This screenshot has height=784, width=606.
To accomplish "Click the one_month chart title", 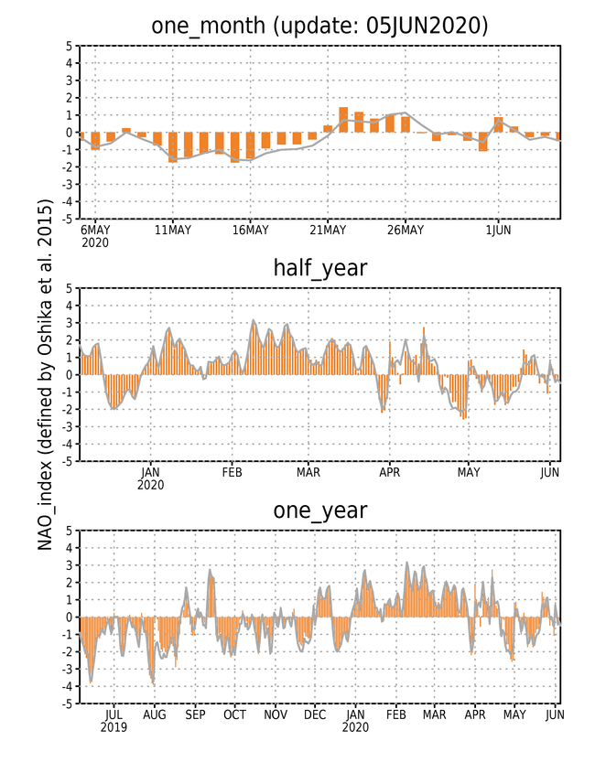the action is [x=319, y=26].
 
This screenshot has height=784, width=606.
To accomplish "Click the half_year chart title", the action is [x=320, y=269].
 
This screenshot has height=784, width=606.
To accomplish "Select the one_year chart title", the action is [x=320, y=510].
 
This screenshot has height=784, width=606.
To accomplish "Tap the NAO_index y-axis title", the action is [x=45, y=375].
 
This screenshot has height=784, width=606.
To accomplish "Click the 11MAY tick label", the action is [x=173, y=230].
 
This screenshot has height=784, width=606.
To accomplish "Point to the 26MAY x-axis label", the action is [x=406, y=230].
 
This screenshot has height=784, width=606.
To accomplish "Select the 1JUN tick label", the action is [x=498, y=230].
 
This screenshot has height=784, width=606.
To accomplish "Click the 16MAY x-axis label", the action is [x=250, y=230].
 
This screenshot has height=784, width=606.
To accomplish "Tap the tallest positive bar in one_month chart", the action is [x=343, y=120].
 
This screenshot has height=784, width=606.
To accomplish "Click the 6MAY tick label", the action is [x=95, y=230].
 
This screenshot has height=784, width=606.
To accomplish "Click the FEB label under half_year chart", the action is [x=232, y=472].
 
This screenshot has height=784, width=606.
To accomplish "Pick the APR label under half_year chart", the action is [x=389, y=472].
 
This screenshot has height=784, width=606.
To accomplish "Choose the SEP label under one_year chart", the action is [x=195, y=714].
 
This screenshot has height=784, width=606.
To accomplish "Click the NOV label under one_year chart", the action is [x=276, y=714].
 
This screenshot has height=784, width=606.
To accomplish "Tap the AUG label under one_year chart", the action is [x=154, y=714].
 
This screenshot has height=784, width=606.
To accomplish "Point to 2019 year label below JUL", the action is [x=114, y=727].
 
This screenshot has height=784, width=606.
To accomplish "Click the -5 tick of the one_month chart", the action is [x=68, y=219].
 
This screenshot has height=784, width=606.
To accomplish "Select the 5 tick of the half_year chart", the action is [x=70, y=288].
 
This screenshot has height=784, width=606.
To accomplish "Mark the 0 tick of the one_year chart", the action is [x=70, y=617].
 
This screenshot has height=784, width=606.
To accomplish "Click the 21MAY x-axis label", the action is [x=328, y=230].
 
